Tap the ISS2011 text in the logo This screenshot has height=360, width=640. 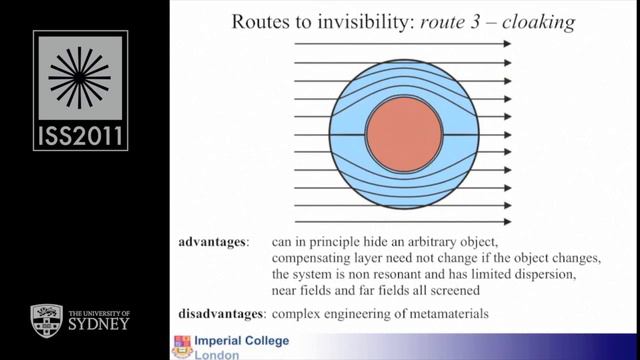coord(80,133)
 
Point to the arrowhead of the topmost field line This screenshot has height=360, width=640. coord(507,44)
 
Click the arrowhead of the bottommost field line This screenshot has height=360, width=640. coord(507,221)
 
